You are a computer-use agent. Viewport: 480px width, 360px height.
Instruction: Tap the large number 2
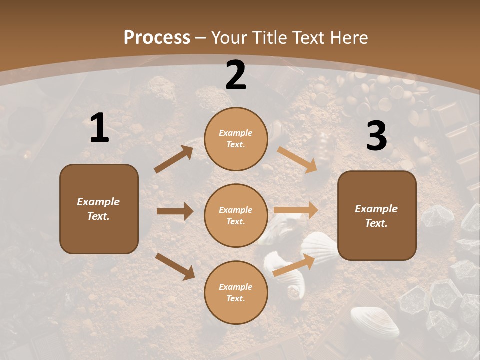(x=236, y=75)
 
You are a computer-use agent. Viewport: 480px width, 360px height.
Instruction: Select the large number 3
(x=376, y=136)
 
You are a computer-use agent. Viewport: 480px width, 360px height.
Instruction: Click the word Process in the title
(x=157, y=37)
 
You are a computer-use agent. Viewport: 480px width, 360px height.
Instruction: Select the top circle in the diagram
(x=236, y=139)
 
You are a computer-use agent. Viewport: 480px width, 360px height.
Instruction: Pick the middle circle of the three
(x=236, y=215)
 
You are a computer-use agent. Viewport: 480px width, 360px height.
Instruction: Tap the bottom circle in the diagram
(x=236, y=292)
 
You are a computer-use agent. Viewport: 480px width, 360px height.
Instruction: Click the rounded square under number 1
(x=99, y=209)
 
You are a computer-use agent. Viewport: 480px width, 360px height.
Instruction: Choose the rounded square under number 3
(x=377, y=215)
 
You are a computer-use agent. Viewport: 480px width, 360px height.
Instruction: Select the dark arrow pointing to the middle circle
(x=175, y=211)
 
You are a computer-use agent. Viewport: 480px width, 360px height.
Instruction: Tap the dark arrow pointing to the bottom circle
(x=175, y=266)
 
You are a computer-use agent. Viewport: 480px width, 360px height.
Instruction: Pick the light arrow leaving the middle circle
(x=296, y=210)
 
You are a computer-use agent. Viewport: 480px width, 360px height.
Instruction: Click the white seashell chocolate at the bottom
(x=375, y=321)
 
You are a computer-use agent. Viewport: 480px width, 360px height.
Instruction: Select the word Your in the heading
(x=229, y=37)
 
